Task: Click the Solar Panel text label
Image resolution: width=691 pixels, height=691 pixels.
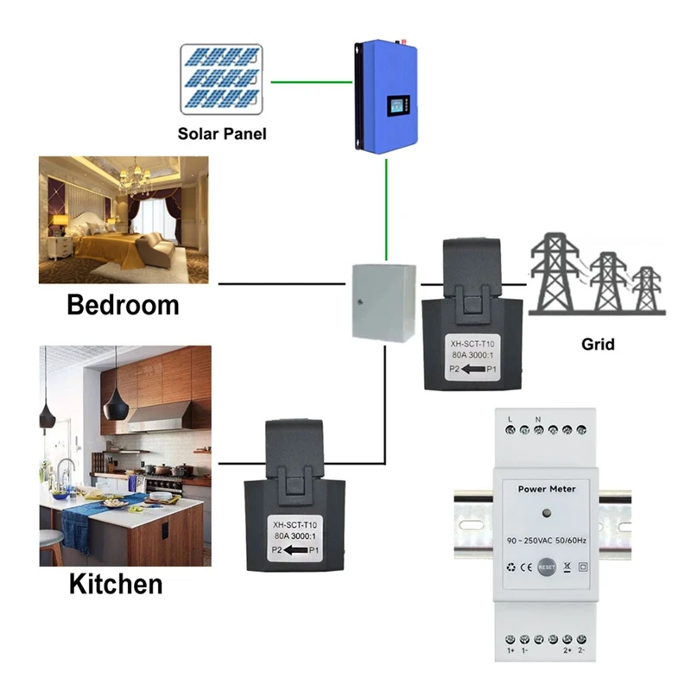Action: [x=222, y=134]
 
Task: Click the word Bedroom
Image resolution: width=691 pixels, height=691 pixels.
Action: [x=123, y=305]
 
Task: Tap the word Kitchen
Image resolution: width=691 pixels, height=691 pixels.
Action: [x=115, y=584]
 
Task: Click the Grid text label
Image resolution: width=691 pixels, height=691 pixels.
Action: [x=597, y=344]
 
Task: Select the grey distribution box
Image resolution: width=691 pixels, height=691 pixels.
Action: [x=383, y=301]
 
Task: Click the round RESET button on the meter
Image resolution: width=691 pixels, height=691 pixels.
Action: [x=546, y=567]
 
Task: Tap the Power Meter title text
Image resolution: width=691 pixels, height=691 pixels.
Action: [x=544, y=489]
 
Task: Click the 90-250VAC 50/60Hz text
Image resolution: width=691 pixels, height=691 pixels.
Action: [x=544, y=540]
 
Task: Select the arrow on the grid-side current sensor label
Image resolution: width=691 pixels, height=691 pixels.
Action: [x=472, y=371]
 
